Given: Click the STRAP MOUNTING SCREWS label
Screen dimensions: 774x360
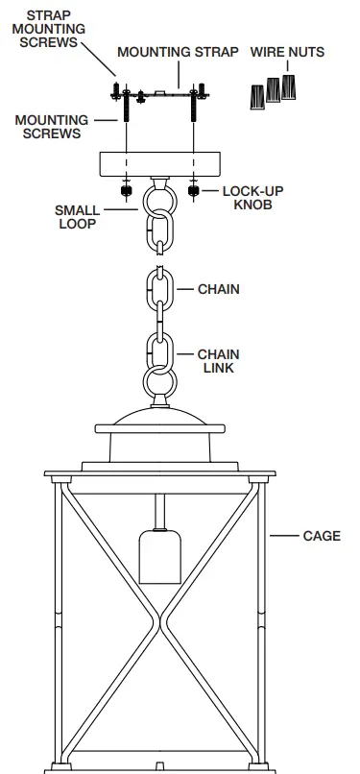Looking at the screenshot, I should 56,30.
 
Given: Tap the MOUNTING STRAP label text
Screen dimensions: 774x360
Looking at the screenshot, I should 178,52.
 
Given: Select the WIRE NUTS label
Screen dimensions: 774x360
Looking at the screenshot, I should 287,52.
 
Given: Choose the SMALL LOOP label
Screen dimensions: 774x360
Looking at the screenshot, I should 77,218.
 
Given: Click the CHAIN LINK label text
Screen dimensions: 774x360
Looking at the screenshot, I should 218,361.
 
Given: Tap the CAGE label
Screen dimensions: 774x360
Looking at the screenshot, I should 322,536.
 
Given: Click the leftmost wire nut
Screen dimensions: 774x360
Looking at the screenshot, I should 257,96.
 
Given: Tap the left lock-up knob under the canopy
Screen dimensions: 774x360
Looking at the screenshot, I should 124,189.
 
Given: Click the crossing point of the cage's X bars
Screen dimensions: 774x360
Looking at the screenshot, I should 159,610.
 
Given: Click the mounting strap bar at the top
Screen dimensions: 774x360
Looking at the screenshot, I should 159,94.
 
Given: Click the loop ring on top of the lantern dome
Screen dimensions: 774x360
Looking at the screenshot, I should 159,382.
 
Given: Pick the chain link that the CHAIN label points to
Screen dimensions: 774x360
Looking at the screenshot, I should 159,289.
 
